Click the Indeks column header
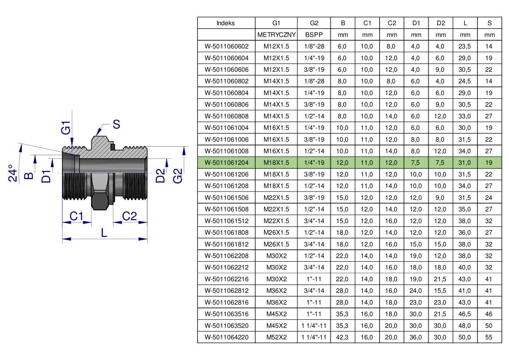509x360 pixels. pos(226,23)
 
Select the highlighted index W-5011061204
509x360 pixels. pos(227,162)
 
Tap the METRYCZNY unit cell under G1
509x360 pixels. pos(276,35)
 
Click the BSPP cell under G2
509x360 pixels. pos(314,35)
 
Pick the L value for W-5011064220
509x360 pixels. pos(465,337)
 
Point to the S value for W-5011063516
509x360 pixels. pos(489,314)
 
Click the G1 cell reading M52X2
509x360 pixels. pos(276,337)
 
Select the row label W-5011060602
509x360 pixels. pos(227,47)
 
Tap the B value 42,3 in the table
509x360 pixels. pos(342,337)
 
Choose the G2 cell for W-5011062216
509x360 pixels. pos(314,279)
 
